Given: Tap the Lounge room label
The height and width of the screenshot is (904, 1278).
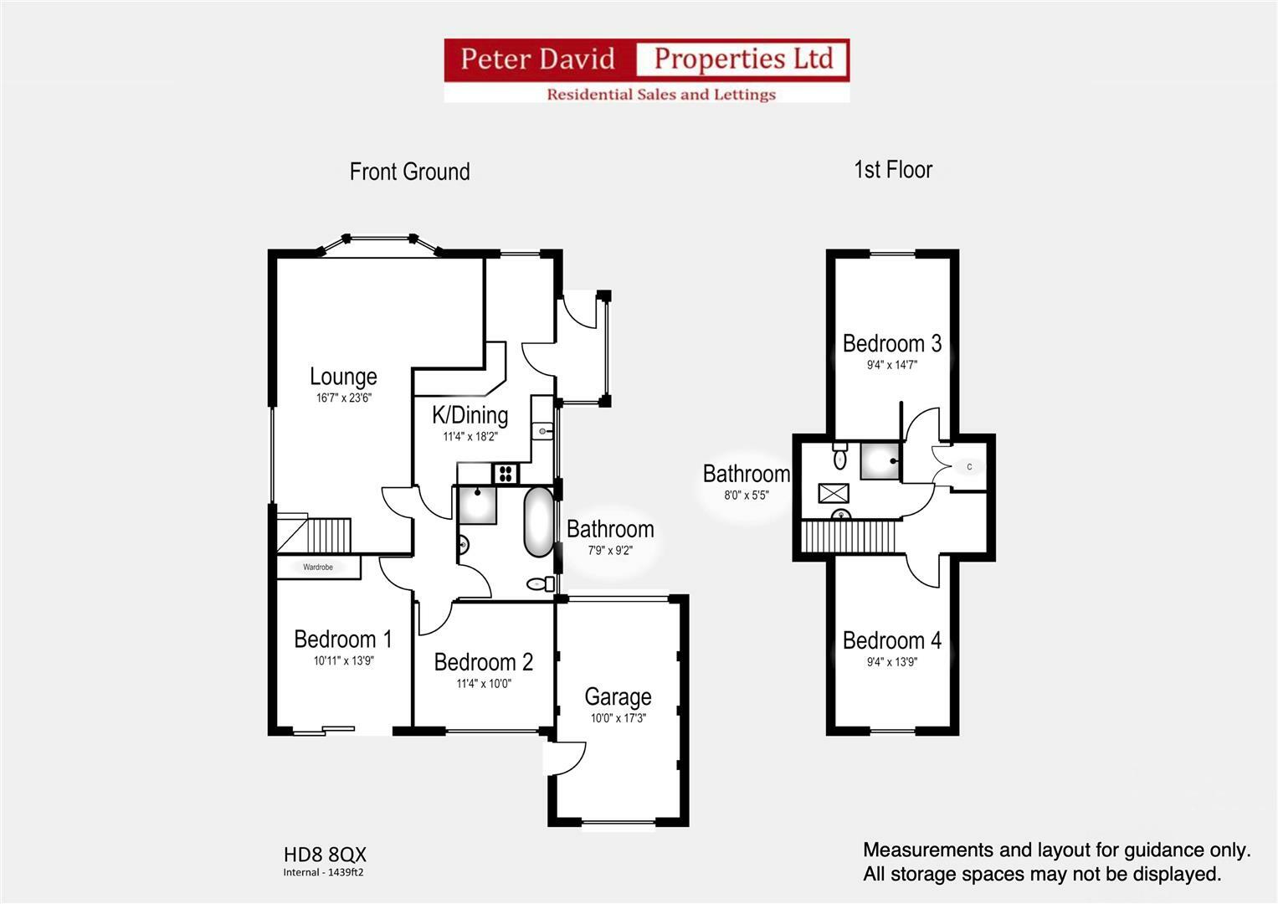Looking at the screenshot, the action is point(343,377).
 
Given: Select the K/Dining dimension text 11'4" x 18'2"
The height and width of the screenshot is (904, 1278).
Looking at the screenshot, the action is point(470,436).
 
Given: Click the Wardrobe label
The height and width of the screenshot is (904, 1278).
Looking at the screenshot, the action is point(318,568).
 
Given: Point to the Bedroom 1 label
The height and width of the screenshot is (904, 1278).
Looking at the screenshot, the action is point(343,639).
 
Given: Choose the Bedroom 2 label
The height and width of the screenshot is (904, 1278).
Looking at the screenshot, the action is point(484,662).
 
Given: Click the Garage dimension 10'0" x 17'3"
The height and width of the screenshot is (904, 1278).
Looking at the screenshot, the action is point(618,718).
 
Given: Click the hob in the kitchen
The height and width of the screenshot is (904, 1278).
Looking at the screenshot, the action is point(506,473).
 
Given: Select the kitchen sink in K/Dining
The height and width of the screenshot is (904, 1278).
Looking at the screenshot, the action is point(542,431).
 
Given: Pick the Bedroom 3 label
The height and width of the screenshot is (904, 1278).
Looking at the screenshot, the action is point(892,343).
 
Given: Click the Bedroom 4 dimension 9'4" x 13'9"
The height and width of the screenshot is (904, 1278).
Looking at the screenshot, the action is point(892,661).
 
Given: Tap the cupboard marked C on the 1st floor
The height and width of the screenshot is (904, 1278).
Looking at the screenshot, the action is point(969,467).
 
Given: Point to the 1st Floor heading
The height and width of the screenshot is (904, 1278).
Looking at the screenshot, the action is point(893,170).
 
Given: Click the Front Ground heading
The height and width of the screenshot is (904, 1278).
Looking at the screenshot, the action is point(409,172).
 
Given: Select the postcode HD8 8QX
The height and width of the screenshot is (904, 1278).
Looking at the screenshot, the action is point(325,855).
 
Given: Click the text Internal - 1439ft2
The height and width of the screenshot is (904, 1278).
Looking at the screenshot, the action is point(323,872).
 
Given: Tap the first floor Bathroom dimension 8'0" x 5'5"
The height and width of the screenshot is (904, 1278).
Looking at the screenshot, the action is point(747,495).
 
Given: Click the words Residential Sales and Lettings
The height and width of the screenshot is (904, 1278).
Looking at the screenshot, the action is point(661,95).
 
